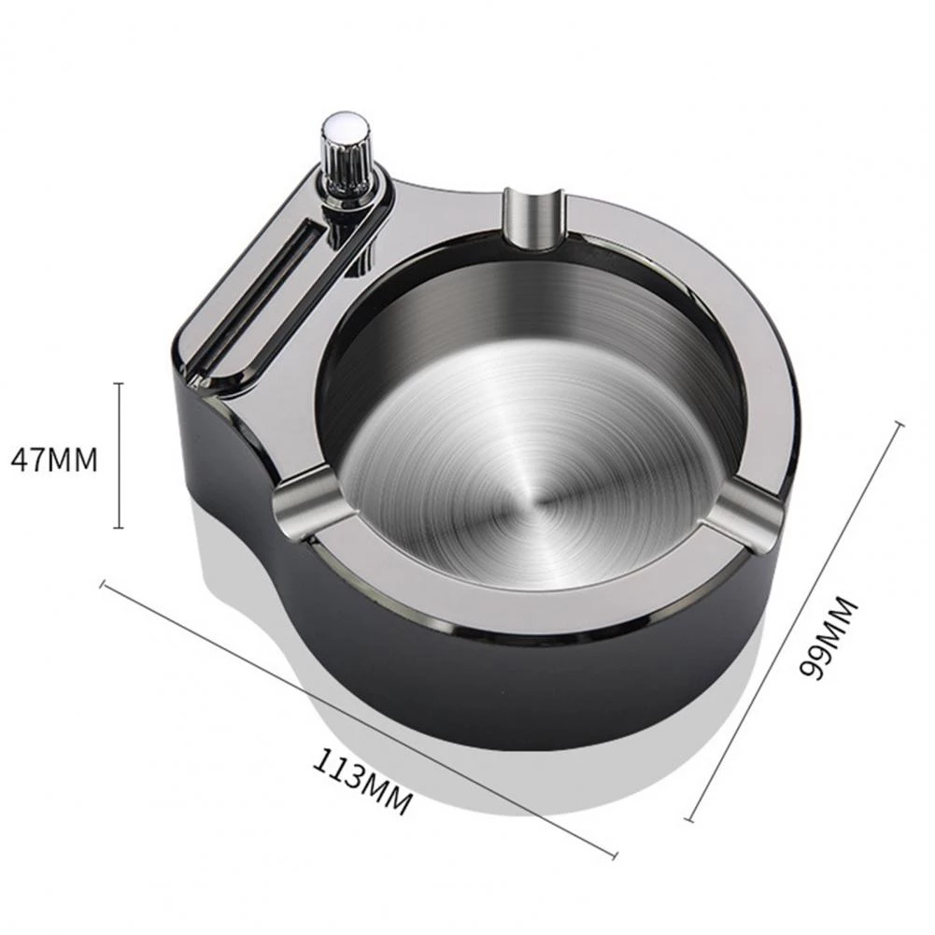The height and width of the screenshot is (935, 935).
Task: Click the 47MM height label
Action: point(53,459)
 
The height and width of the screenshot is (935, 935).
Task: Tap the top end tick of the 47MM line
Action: point(120,383)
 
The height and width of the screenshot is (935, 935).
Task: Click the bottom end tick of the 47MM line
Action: point(120,528)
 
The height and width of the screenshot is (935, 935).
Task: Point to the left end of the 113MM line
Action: point(103,585)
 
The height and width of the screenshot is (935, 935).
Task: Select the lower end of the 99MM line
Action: point(689,820)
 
